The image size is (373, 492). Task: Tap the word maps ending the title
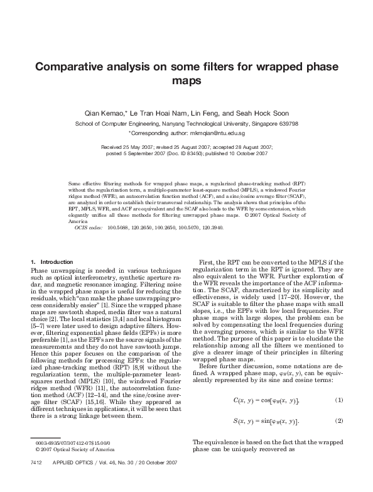tap(186, 81)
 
